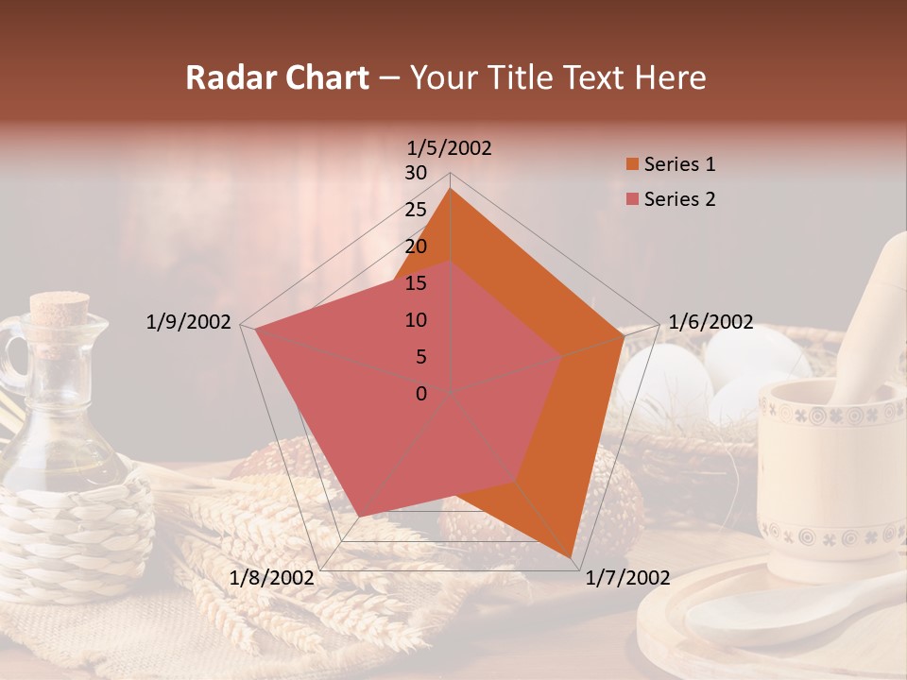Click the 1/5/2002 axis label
(450, 148)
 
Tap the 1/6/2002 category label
(710, 322)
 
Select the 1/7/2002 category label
(627, 578)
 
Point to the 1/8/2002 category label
(272, 578)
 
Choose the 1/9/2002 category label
(188, 322)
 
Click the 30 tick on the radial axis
(416, 173)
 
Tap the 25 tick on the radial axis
(416, 210)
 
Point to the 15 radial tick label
(416, 283)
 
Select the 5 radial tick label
(421, 357)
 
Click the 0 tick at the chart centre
(421, 394)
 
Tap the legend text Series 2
(679, 199)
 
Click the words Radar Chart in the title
(277, 78)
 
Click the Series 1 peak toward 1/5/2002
(451, 190)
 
